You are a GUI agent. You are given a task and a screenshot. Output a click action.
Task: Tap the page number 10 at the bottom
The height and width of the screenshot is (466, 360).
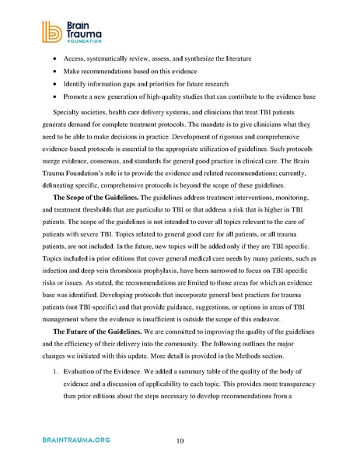[x=180, y=441]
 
